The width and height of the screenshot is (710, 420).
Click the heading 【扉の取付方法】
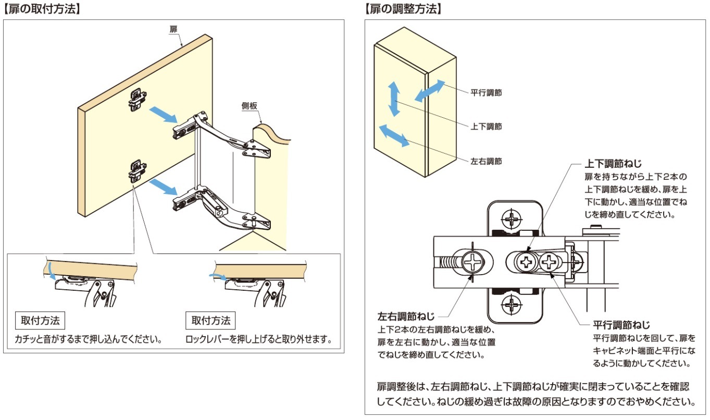[42, 9]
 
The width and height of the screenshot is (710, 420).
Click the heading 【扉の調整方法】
[403, 9]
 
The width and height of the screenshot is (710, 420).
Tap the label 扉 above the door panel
[173, 30]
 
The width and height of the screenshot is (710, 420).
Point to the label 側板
[249, 106]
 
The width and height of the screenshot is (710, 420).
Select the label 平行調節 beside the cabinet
[486, 93]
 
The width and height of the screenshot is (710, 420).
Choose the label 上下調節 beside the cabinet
[486, 127]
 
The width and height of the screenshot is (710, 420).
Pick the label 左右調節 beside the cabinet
[486, 162]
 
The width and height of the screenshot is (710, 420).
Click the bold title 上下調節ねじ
[613, 164]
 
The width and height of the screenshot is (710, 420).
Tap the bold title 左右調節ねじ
[406, 316]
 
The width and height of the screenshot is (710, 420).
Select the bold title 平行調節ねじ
[621, 325]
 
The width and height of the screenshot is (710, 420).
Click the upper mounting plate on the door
[137, 100]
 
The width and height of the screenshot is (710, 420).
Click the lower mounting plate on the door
[137, 171]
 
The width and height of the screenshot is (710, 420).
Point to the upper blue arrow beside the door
[163, 115]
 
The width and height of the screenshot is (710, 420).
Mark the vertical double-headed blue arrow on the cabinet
[394, 99]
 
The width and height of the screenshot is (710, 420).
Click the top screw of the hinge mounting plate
[511, 219]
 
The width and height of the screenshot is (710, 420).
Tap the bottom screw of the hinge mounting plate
[511, 305]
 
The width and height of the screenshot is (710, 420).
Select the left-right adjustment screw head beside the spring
[473, 262]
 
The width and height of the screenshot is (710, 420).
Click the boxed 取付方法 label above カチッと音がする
[40, 320]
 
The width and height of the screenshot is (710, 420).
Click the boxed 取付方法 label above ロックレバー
[210, 320]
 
